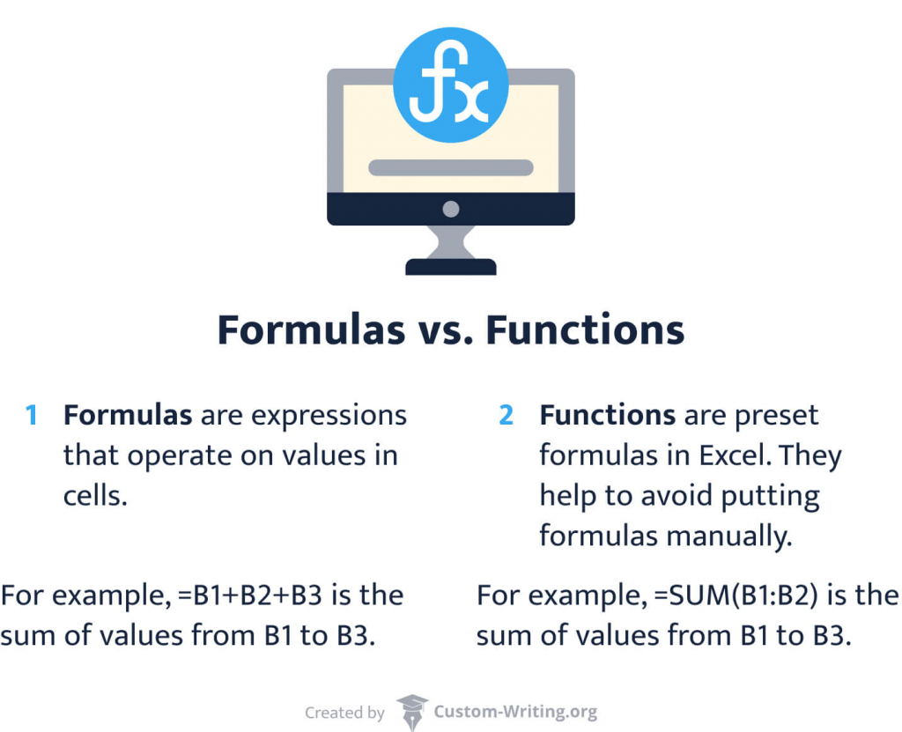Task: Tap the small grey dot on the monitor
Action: pyautogui.click(x=450, y=209)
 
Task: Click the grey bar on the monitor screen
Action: pyautogui.click(x=450, y=167)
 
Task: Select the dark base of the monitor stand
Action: pyautogui.click(x=450, y=266)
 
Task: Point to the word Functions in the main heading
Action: pyautogui.click(x=585, y=330)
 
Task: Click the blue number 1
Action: pyautogui.click(x=32, y=415)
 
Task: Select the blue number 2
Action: pyautogui.click(x=506, y=415)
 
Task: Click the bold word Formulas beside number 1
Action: pyautogui.click(x=127, y=415)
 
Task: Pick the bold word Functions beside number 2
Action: pyautogui.click(x=607, y=415)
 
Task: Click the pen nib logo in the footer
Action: pyautogui.click(x=411, y=711)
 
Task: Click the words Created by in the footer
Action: pyautogui.click(x=344, y=713)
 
